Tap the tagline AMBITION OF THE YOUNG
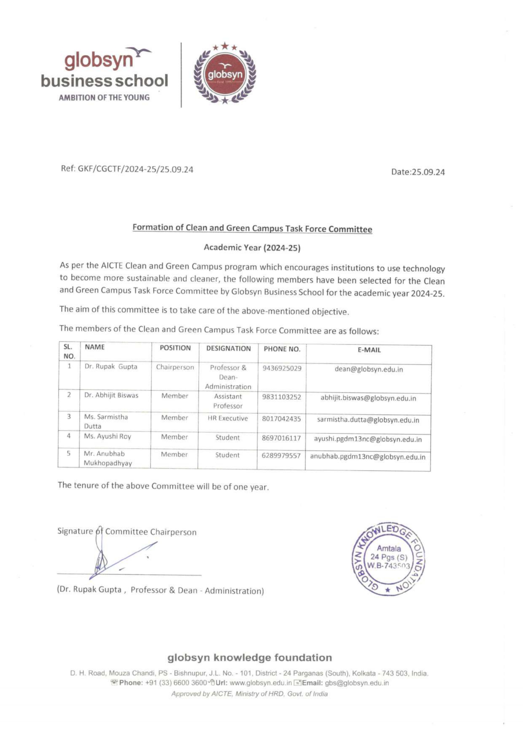(x=104, y=97)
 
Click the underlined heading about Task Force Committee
(x=252, y=228)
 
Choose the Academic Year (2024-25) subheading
(x=252, y=248)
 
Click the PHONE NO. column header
(x=282, y=349)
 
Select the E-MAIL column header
(x=369, y=350)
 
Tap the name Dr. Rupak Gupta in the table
(x=111, y=366)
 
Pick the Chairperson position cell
(x=175, y=367)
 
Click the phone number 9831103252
(x=282, y=397)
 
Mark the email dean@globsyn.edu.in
(x=369, y=369)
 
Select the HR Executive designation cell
(x=228, y=418)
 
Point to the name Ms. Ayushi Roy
(x=108, y=436)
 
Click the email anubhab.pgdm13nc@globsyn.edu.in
(x=368, y=457)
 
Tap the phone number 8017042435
(x=281, y=419)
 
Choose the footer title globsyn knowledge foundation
(x=250, y=657)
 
